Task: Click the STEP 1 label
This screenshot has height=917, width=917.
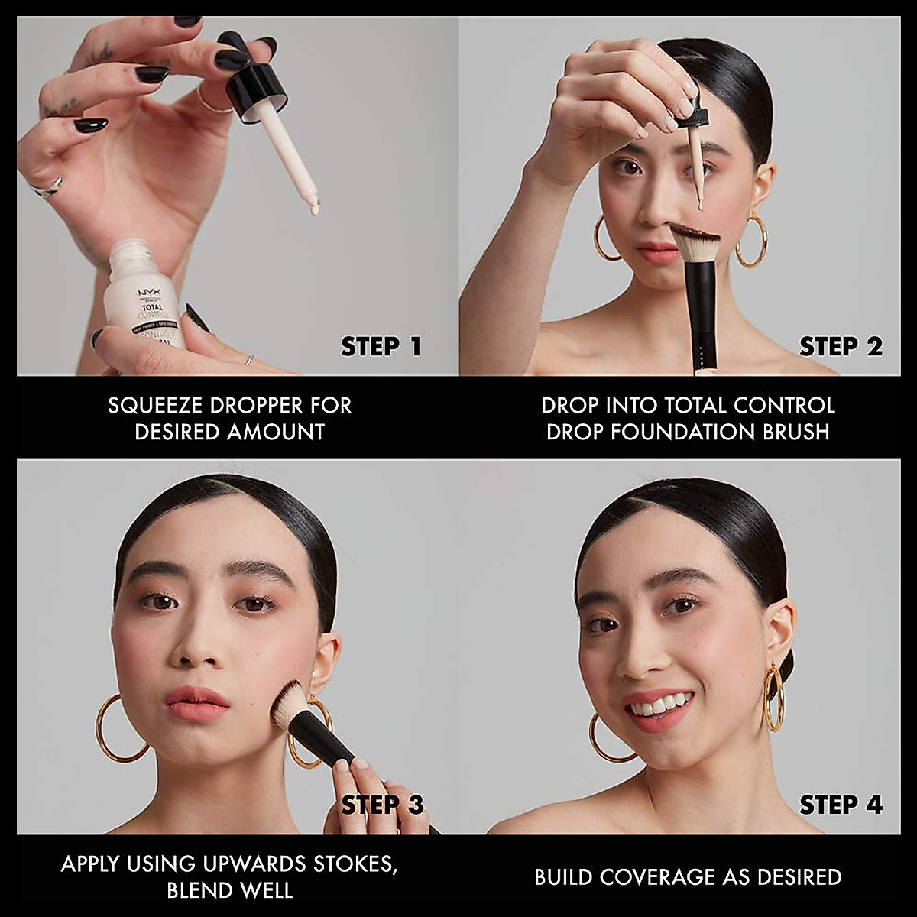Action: (381, 346)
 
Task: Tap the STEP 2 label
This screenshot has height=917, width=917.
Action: (841, 346)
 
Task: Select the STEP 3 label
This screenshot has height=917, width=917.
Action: (382, 805)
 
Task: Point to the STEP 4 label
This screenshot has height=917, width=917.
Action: (841, 805)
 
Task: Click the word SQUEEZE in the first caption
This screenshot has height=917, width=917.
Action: (150, 406)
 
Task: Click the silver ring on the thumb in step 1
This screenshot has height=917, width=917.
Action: (48, 186)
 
